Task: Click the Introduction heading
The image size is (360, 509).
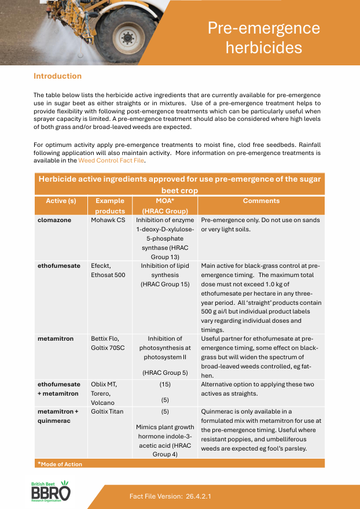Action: pos(57,76)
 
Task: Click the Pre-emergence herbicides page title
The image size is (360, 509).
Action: pos(263,38)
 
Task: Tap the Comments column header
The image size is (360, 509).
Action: pos(261,201)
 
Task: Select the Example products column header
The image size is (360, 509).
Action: pos(109,206)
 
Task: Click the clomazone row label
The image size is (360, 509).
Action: pos(55,220)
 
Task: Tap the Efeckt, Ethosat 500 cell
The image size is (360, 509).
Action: pos(108,271)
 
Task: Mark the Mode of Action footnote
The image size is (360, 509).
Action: pos(60,464)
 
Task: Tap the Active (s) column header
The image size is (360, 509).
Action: pos(61,201)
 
